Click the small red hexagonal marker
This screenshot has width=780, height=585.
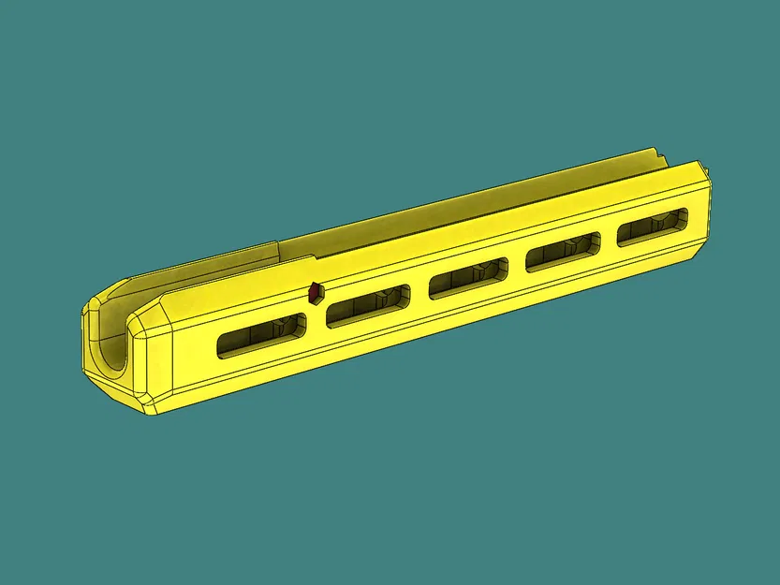tap(316, 292)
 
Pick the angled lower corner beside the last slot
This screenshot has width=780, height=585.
tap(698, 250)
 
